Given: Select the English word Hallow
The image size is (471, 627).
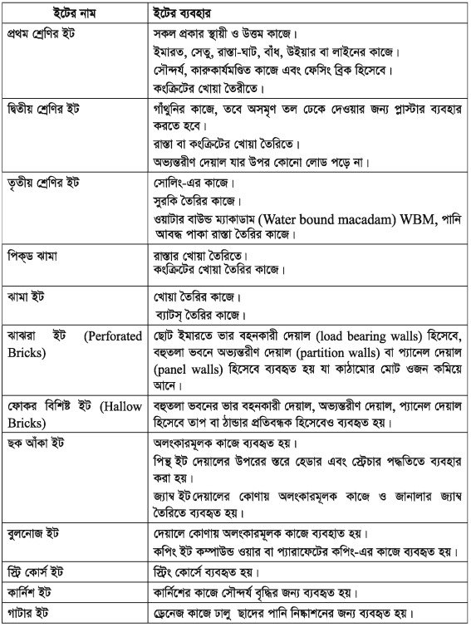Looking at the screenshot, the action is click(124, 407).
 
